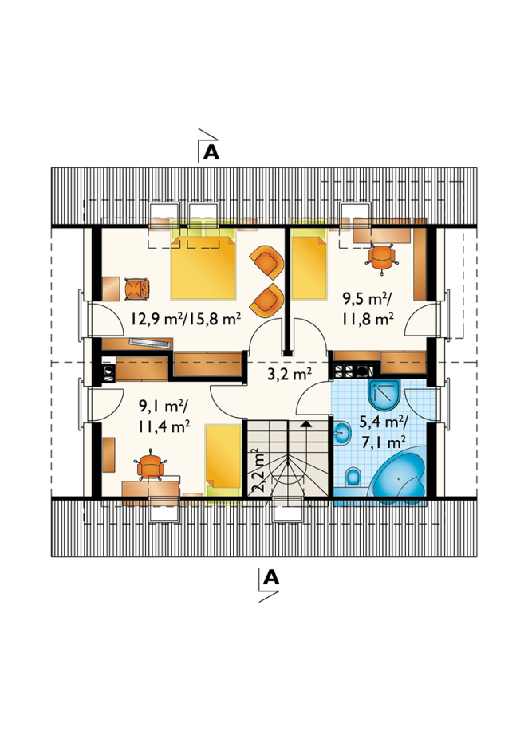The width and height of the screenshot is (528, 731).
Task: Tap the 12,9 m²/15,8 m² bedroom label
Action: coord(186,319)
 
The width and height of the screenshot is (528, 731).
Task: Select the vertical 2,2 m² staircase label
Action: coord(257,471)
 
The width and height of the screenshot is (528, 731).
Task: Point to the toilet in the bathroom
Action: coord(353,477)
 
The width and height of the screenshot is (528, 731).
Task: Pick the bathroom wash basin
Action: coord(342,433)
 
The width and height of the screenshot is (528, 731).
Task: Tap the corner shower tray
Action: coord(384,396)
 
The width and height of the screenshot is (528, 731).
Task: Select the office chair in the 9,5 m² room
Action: coord(381,257)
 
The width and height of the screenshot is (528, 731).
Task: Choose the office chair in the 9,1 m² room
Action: coord(150,465)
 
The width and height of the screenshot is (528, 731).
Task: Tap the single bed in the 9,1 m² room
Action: coord(223,459)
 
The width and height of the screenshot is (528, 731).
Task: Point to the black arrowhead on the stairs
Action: coord(306,424)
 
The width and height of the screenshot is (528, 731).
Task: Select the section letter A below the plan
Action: coord(271,577)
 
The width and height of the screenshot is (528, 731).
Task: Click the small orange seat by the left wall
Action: coord(137,288)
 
